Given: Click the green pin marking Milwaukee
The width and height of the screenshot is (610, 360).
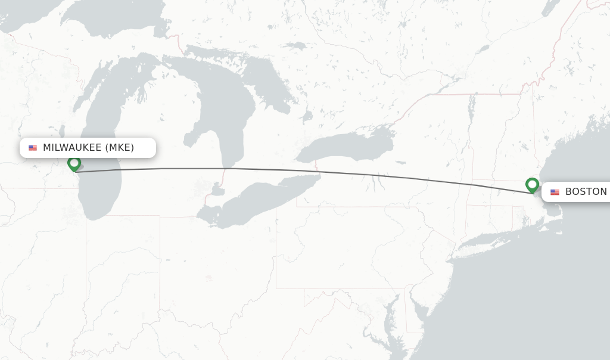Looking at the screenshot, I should [74, 163].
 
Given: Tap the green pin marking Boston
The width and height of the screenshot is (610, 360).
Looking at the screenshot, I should [532, 185].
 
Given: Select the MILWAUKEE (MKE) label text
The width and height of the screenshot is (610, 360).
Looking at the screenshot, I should [88, 148].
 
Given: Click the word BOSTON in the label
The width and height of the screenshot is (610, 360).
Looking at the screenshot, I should [586, 192].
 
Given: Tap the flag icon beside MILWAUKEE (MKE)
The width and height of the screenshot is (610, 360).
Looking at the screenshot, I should [33, 148].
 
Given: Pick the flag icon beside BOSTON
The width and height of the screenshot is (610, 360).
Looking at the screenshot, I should [555, 192].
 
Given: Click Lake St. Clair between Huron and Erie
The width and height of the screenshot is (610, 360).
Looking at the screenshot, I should [218, 191].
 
